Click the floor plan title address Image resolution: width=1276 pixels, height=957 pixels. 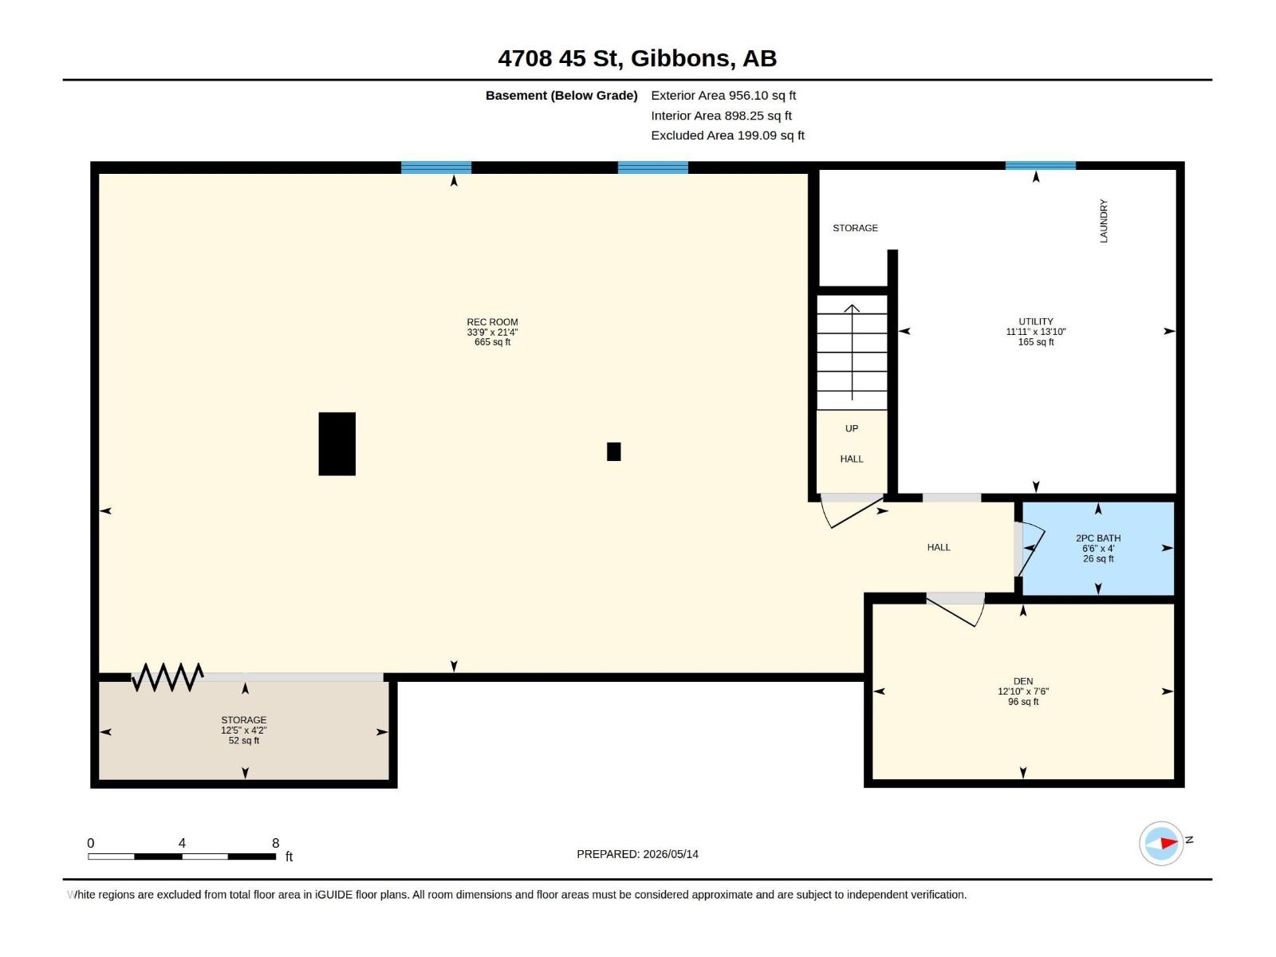637,58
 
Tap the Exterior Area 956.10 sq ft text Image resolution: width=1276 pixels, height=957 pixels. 723,95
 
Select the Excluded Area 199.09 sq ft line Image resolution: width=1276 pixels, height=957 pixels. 727,136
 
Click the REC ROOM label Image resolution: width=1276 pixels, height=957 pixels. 492,322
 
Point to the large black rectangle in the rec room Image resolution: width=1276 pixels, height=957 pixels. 337,444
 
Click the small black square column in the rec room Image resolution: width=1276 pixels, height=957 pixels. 613,451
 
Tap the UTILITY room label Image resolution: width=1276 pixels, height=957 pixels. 1035,321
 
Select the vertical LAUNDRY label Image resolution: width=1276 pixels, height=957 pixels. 1104,221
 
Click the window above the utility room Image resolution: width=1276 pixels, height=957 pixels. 1040,166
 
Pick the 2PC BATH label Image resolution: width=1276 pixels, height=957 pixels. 1097,538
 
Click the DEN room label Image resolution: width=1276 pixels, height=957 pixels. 1022,681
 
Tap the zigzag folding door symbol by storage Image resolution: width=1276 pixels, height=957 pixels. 167,677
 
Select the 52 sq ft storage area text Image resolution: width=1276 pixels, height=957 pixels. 243,741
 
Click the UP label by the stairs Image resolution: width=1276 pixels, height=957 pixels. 851,428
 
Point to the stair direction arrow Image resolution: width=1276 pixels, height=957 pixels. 852,352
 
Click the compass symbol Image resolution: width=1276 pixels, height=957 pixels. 1161,843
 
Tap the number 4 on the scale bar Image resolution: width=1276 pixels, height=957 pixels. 182,843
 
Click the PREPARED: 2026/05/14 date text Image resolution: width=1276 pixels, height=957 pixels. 637,854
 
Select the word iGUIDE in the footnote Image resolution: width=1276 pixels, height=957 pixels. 333,895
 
